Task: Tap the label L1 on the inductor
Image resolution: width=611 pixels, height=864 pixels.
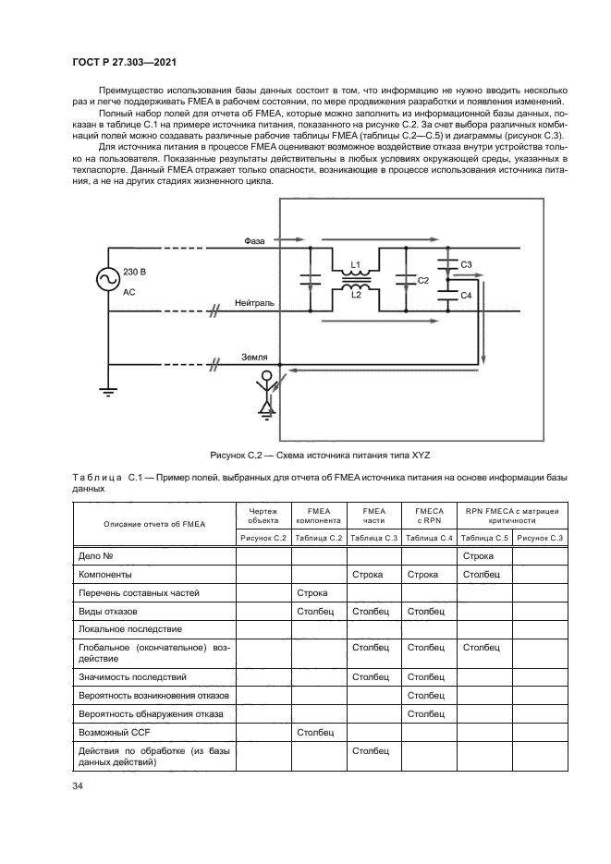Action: pyautogui.click(x=354, y=266)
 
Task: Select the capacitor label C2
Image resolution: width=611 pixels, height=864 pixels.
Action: pyautogui.click(x=423, y=279)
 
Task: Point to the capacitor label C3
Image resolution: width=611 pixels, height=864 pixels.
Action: pyautogui.click(x=466, y=265)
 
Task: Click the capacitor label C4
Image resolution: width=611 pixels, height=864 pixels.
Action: pyautogui.click(x=466, y=295)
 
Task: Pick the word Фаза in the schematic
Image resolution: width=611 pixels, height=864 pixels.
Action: pyautogui.click(x=255, y=240)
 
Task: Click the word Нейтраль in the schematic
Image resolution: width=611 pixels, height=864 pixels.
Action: pyautogui.click(x=254, y=302)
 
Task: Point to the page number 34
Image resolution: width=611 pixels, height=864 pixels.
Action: pyautogui.click(x=78, y=785)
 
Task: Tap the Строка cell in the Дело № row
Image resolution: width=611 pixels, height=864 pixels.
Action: pyautogui.click(x=477, y=555)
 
